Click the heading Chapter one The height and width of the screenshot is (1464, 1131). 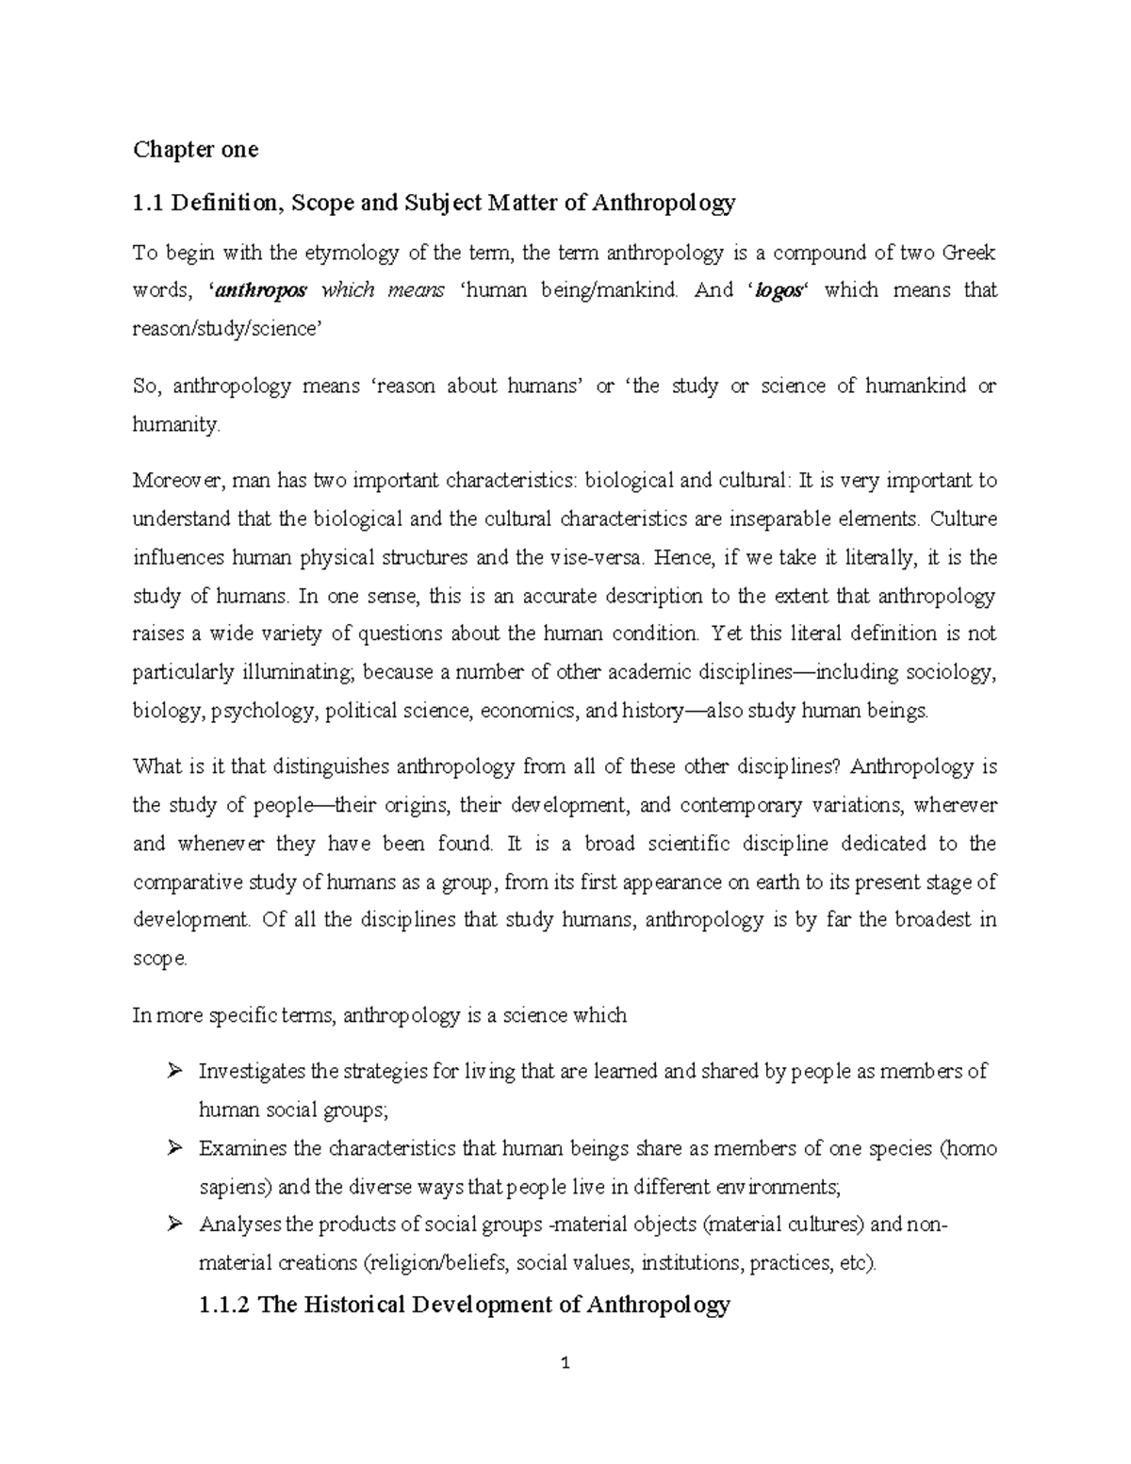click(x=195, y=149)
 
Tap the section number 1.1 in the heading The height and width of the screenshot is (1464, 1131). click(x=149, y=203)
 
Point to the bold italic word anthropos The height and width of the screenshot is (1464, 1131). click(x=261, y=291)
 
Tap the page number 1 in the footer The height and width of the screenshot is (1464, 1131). click(x=565, y=1364)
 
